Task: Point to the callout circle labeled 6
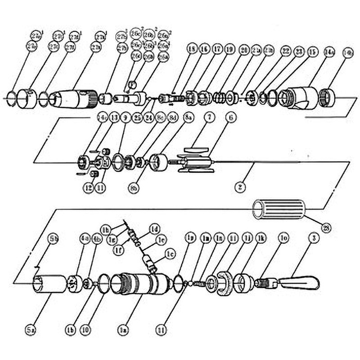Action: [x=230, y=118]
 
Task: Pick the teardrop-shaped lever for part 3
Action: [x=299, y=283]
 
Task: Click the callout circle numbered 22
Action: [x=285, y=50]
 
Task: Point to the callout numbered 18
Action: [x=193, y=50]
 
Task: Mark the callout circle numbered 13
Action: [x=113, y=118]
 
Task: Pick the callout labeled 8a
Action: [x=187, y=118]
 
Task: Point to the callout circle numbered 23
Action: [x=298, y=51]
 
